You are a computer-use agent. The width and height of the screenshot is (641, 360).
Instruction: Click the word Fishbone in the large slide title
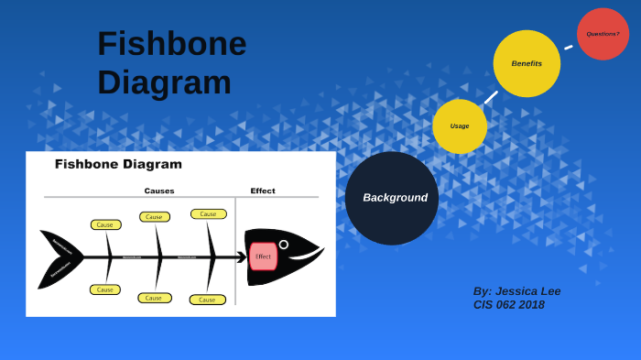coord(171,44)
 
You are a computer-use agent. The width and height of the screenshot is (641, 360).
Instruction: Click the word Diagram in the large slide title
coord(164,82)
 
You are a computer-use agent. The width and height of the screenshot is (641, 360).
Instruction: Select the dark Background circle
coord(392,198)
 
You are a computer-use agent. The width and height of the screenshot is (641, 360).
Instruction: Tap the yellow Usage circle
coord(460,126)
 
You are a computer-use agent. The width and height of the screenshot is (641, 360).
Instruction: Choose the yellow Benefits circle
coord(527,63)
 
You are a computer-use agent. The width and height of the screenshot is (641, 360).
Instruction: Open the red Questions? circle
coord(603,34)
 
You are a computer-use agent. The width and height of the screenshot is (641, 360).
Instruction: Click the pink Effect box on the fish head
coord(263,256)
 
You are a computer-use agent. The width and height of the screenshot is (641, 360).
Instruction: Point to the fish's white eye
coord(284,245)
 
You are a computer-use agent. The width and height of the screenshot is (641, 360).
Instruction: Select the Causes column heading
coord(158,191)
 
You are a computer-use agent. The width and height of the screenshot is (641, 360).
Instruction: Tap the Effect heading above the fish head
coord(263,191)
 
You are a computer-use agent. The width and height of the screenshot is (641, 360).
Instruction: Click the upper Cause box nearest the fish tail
coord(105,224)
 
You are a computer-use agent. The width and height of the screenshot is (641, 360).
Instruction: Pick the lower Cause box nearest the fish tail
coord(105,289)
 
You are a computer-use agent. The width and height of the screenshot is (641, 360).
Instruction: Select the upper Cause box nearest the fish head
coord(208,213)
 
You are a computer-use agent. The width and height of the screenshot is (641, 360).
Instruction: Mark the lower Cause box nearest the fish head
coord(207,300)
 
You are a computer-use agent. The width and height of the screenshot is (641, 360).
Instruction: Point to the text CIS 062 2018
coord(508,304)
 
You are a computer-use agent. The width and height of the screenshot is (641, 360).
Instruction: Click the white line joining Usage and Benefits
coord(491,97)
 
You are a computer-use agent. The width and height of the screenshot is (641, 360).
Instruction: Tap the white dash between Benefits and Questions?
coord(569,47)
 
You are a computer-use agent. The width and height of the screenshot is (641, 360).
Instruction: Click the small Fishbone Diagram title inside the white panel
coord(118,164)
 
